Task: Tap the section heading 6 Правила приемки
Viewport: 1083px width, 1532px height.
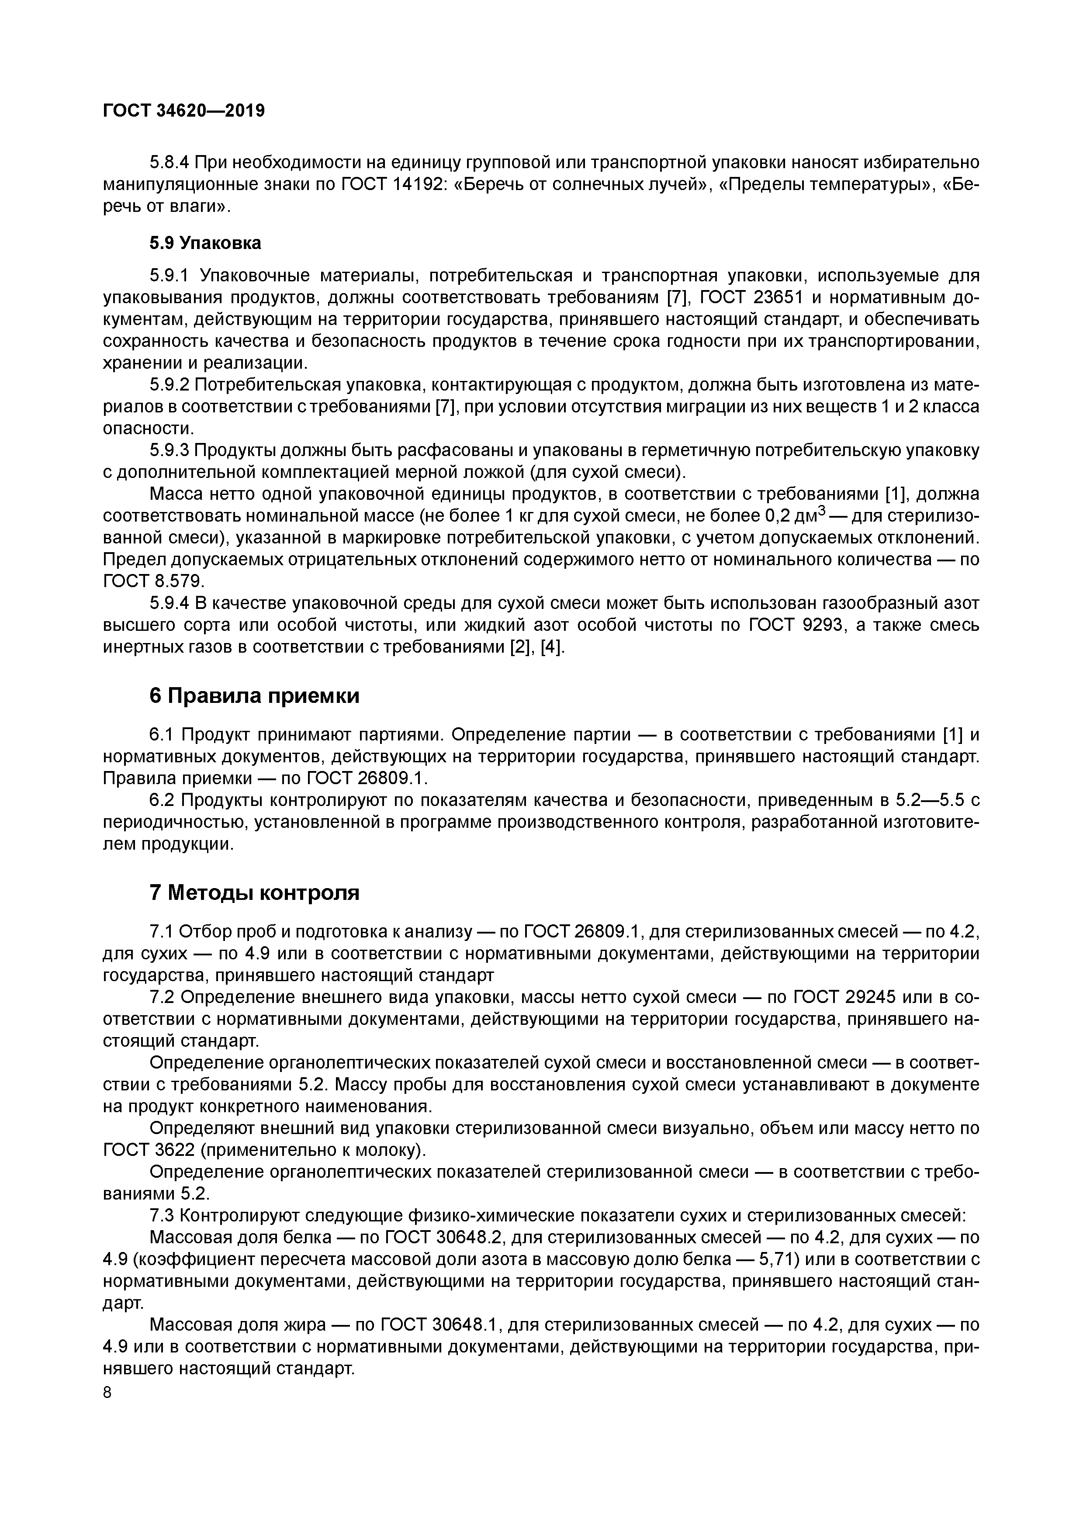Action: [254, 696]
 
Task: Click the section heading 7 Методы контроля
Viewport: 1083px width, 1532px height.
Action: [254, 893]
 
